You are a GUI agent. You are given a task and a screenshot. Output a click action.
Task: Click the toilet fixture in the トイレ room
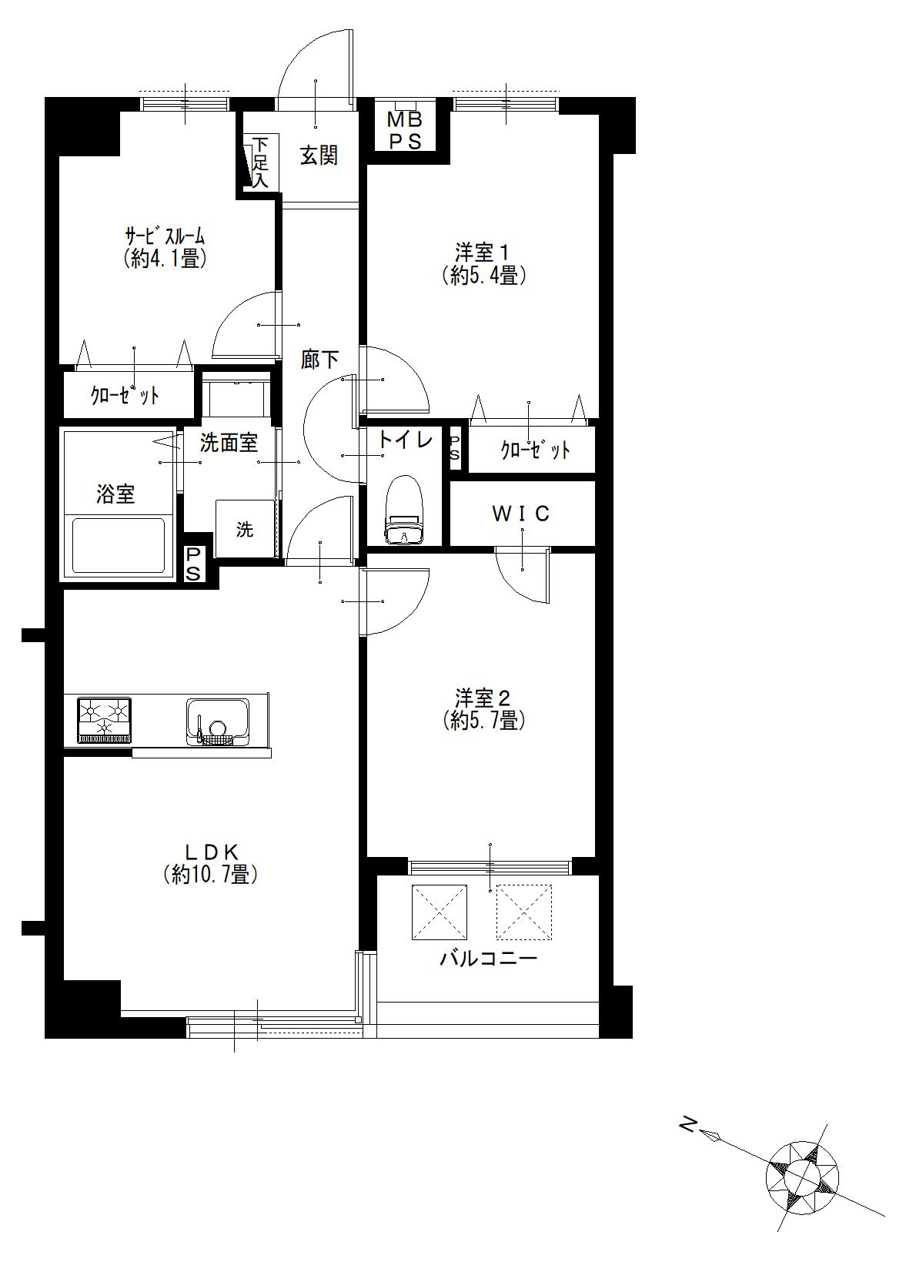[x=403, y=510]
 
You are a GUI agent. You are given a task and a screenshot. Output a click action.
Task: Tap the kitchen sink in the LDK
[x=217, y=721]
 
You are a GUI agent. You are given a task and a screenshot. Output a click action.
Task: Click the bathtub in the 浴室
[x=119, y=545]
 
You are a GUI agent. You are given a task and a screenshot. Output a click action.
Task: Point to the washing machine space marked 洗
[x=245, y=528]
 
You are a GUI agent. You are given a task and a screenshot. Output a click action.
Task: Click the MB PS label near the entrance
[x=406, y=130]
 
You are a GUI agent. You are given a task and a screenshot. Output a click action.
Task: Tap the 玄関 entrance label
[x=319, y=156]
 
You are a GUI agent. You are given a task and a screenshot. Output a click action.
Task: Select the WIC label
[x=521, y=514]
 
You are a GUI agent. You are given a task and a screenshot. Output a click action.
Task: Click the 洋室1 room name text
[x=482, y=251]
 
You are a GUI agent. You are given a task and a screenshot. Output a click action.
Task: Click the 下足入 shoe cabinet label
[x=259, y=162]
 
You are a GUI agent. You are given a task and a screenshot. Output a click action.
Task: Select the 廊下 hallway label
[x=319, y=360]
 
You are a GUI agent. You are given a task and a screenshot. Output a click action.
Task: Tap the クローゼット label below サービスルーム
[x=125, y=396]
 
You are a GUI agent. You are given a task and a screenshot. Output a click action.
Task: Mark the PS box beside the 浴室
[x=192, y=564]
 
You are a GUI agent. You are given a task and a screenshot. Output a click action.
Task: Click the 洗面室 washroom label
[x=229, y=444]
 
